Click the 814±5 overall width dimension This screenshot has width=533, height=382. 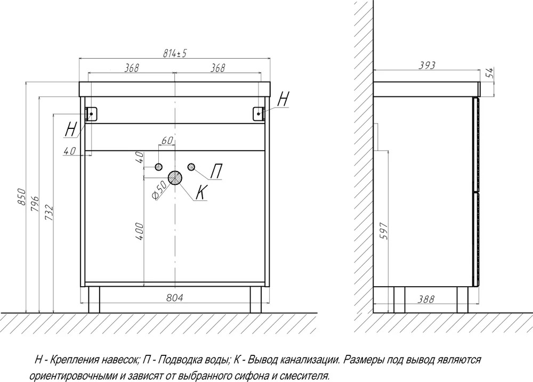[x=175, y=53]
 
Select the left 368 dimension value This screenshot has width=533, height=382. [x=131, y=68]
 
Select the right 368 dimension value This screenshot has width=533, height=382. [x=217, y=68]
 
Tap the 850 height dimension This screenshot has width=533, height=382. [x=21, y=197]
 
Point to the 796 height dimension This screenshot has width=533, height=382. [x=35, y=204]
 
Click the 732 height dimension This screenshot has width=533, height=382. [x=49, y=213]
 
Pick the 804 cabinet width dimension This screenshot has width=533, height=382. [x=175, y=298]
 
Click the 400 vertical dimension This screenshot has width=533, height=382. [x=139, y=231]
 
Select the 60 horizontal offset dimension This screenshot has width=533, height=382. [x=167, y=140]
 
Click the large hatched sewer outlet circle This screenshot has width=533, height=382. [x=175, y=178]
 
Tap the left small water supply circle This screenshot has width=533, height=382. [x=158, y=167]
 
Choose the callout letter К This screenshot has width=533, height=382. [x=201, y=192]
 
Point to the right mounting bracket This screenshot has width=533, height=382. [x=259, y=113]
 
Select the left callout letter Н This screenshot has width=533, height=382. [x=70, y=129]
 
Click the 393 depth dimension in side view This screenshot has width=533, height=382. [x=426, y=65]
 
